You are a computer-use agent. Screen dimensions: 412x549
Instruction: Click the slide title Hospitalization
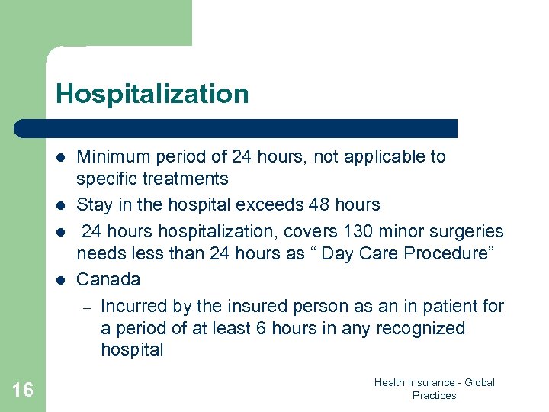click(x=152, y=95)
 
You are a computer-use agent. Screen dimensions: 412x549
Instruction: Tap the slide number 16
click(x=23, y=391)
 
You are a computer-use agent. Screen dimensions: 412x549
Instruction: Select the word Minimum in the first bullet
click(x=112, y=157)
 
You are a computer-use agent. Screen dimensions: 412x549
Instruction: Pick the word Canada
click(x=108, y=279)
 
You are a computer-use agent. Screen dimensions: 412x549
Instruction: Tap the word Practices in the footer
click(x=434, y=395)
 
